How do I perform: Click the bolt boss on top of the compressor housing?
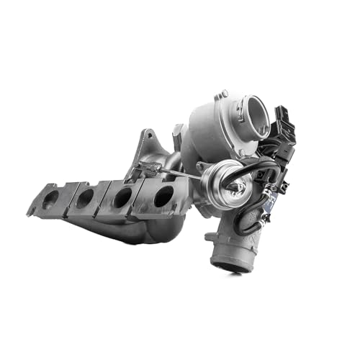pyautogui.click(x=224, y=94)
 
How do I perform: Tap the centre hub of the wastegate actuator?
pyautogui.click(x=233, y=188)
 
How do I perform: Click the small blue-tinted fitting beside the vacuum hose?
pyautogui.click(x=266, y=214)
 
